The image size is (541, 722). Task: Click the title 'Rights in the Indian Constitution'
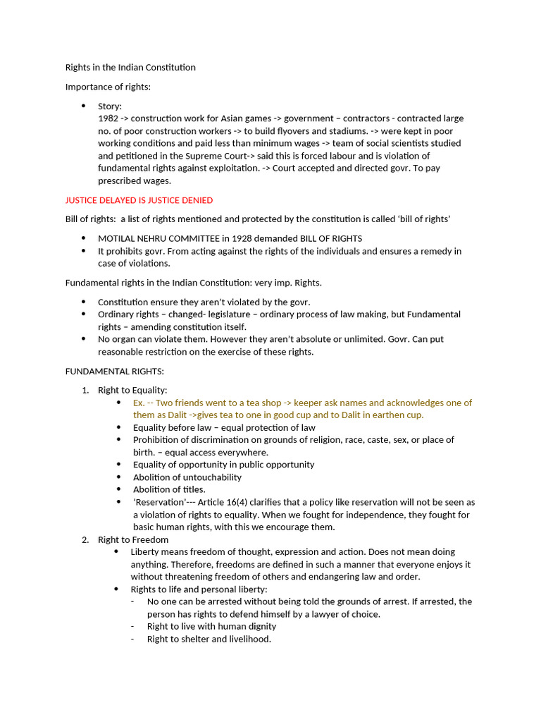(130, 68)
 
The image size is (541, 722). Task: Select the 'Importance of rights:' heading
(108, 87)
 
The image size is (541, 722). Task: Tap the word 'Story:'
(110, 106)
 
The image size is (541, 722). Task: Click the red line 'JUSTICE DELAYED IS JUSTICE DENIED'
(139, 200)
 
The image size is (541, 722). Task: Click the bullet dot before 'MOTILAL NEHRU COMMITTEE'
(83, 238)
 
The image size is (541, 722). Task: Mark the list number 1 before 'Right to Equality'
(85, 390)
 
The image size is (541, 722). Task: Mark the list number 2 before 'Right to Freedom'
(85, 540)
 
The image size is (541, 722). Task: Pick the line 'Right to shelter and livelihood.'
(209, 639)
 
